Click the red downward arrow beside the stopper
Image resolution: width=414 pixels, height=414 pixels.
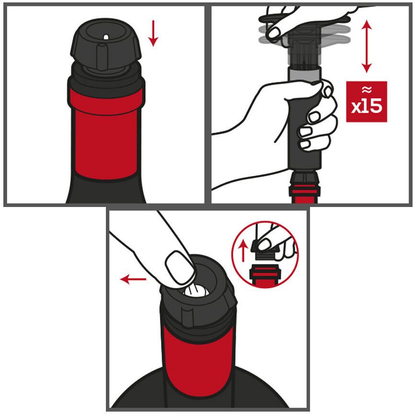(153, 33)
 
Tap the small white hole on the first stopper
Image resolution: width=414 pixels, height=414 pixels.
(106, 37)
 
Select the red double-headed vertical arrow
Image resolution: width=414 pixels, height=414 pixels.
(367, 46)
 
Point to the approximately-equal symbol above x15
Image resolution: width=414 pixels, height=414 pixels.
(367, 90)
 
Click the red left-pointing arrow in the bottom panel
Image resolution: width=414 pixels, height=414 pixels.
(133, 279)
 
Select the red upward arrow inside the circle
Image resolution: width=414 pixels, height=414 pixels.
(243, 252)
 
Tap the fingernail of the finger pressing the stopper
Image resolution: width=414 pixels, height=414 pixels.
(180, 267)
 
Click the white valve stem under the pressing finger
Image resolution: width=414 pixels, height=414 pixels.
(195, 291)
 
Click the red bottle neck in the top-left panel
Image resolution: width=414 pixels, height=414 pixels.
(106, 135)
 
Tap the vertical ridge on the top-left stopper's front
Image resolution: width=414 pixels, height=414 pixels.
(102, 57)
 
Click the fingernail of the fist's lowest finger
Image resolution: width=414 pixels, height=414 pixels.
(305, 144)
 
